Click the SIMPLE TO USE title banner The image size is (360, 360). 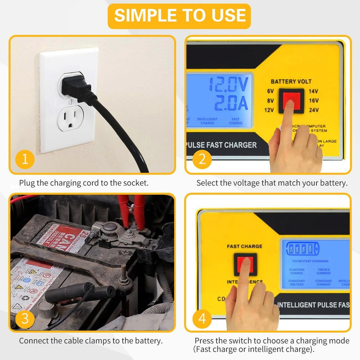[x=180, y=16]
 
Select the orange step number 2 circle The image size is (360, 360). [x=202, y=159]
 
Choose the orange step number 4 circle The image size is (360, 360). [x=202, y=319]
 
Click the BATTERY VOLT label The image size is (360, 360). [x=291, y=81]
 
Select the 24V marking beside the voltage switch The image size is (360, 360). [x=313, y=109]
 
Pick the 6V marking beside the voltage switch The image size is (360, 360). [x=270, y=91]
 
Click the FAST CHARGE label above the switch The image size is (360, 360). [x=244, y=247]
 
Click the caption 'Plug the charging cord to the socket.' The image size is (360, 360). [x=84, y=183]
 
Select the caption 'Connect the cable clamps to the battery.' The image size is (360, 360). [x=90, y=341]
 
